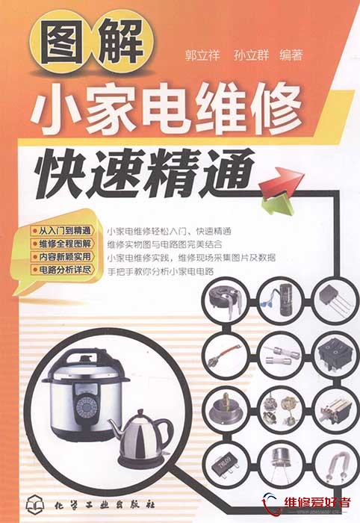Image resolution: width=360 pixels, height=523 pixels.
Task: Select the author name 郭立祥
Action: pos(202,55)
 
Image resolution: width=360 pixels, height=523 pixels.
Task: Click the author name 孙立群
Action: pos(251,55)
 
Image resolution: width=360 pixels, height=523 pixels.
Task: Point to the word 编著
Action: pos(291,55)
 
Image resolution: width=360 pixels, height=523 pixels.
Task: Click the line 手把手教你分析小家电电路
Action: pos(161,271)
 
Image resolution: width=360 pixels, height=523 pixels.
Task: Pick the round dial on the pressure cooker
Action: pos(86,407)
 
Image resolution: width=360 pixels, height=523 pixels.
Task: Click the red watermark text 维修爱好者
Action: pos(317,503)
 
